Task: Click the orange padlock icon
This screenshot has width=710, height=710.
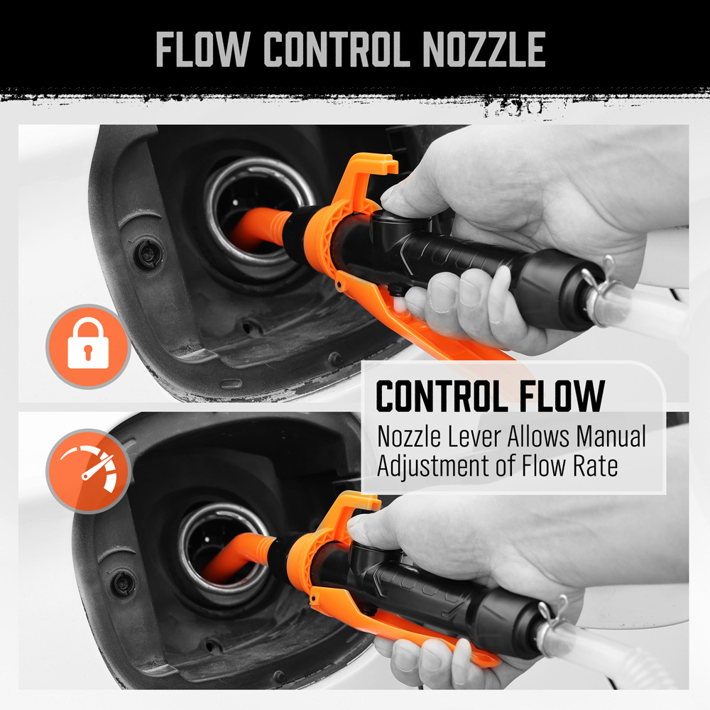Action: [88, 346]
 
